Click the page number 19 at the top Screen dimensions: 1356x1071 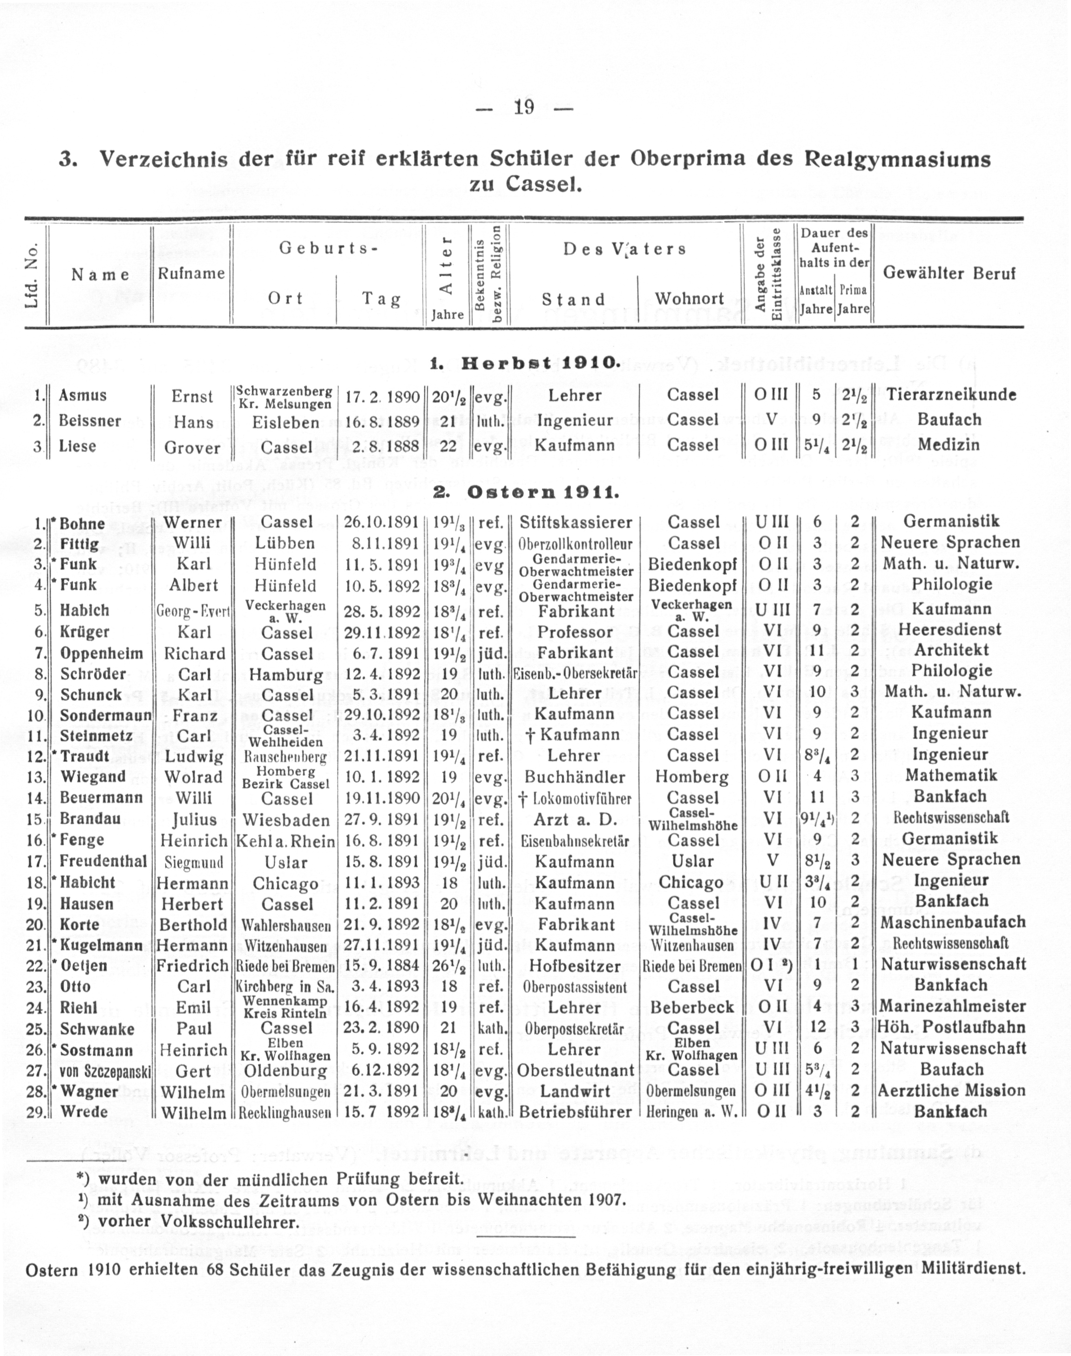click(x=523, y=108)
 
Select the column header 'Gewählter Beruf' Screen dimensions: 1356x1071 click(x=949, y=273)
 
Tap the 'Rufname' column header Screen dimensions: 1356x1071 click(x=191, y=273)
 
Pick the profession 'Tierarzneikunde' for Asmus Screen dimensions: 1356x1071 click(x=950, y=395)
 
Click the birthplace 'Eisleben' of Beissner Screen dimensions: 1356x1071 click(x=285, y=421)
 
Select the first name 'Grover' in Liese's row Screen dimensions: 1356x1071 click(x=192, y=448)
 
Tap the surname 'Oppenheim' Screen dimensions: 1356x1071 click(x=102, y=653)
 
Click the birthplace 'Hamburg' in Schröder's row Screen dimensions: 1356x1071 click(x=286, y=675)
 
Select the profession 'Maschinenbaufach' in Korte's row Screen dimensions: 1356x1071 click(x=952, y=922)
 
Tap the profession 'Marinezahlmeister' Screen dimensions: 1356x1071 click(x=952, y=1006)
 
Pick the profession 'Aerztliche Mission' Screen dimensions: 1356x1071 click(x=951, y=1091)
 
